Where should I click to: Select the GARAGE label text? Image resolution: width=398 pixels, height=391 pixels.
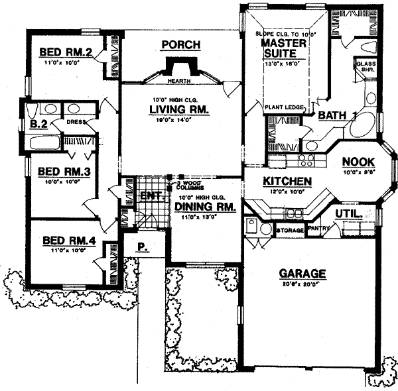tap(302, 273)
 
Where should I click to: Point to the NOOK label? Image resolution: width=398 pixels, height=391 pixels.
tap(359, 161)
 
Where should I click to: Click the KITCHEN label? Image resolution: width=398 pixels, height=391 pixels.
tap(287, 181)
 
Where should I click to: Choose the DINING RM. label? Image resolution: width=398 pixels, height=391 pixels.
tap(197, 207)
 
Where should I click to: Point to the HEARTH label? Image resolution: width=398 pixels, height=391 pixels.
tap(176, 81)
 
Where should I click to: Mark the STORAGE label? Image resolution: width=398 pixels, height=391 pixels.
tap(291, 231)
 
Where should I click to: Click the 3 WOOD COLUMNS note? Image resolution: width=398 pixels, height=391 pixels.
tap(189, 185)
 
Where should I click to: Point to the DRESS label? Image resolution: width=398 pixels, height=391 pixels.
tap(76, 123)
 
